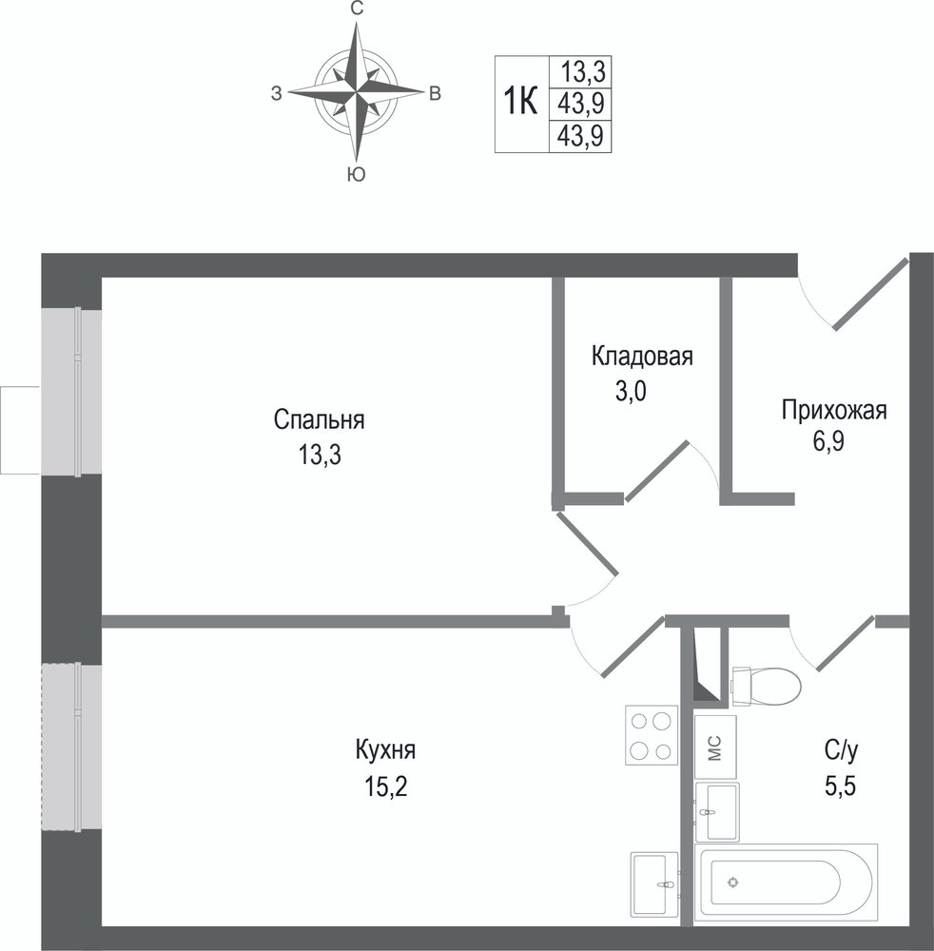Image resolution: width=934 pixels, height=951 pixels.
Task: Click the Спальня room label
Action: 319,419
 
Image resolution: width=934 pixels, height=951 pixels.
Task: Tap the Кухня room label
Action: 386,750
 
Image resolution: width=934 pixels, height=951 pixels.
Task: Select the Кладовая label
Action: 642,356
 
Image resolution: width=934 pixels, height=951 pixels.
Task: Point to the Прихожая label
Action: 834,411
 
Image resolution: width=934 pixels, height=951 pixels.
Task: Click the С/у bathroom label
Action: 841,751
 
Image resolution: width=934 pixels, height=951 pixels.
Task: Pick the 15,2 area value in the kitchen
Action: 386,786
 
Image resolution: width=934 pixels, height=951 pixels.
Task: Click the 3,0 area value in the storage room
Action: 632,391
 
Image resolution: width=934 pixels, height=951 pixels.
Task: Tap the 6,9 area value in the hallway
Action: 828,442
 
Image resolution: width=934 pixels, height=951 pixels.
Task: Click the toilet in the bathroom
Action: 767,686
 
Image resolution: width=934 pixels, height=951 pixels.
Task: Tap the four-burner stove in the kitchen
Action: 652,735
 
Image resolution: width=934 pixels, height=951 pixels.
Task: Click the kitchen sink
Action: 655,884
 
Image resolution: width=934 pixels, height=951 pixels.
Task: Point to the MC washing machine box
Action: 715,747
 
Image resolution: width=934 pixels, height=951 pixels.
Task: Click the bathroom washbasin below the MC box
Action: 717,812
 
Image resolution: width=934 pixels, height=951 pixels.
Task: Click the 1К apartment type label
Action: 521,102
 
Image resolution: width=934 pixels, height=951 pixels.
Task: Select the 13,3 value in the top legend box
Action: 582,72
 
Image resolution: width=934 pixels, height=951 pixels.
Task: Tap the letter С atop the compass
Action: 358,9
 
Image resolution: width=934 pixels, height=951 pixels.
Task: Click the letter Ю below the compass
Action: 357,175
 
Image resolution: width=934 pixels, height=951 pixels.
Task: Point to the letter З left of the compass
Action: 277,93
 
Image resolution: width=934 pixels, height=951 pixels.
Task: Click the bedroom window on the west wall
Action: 71,391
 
